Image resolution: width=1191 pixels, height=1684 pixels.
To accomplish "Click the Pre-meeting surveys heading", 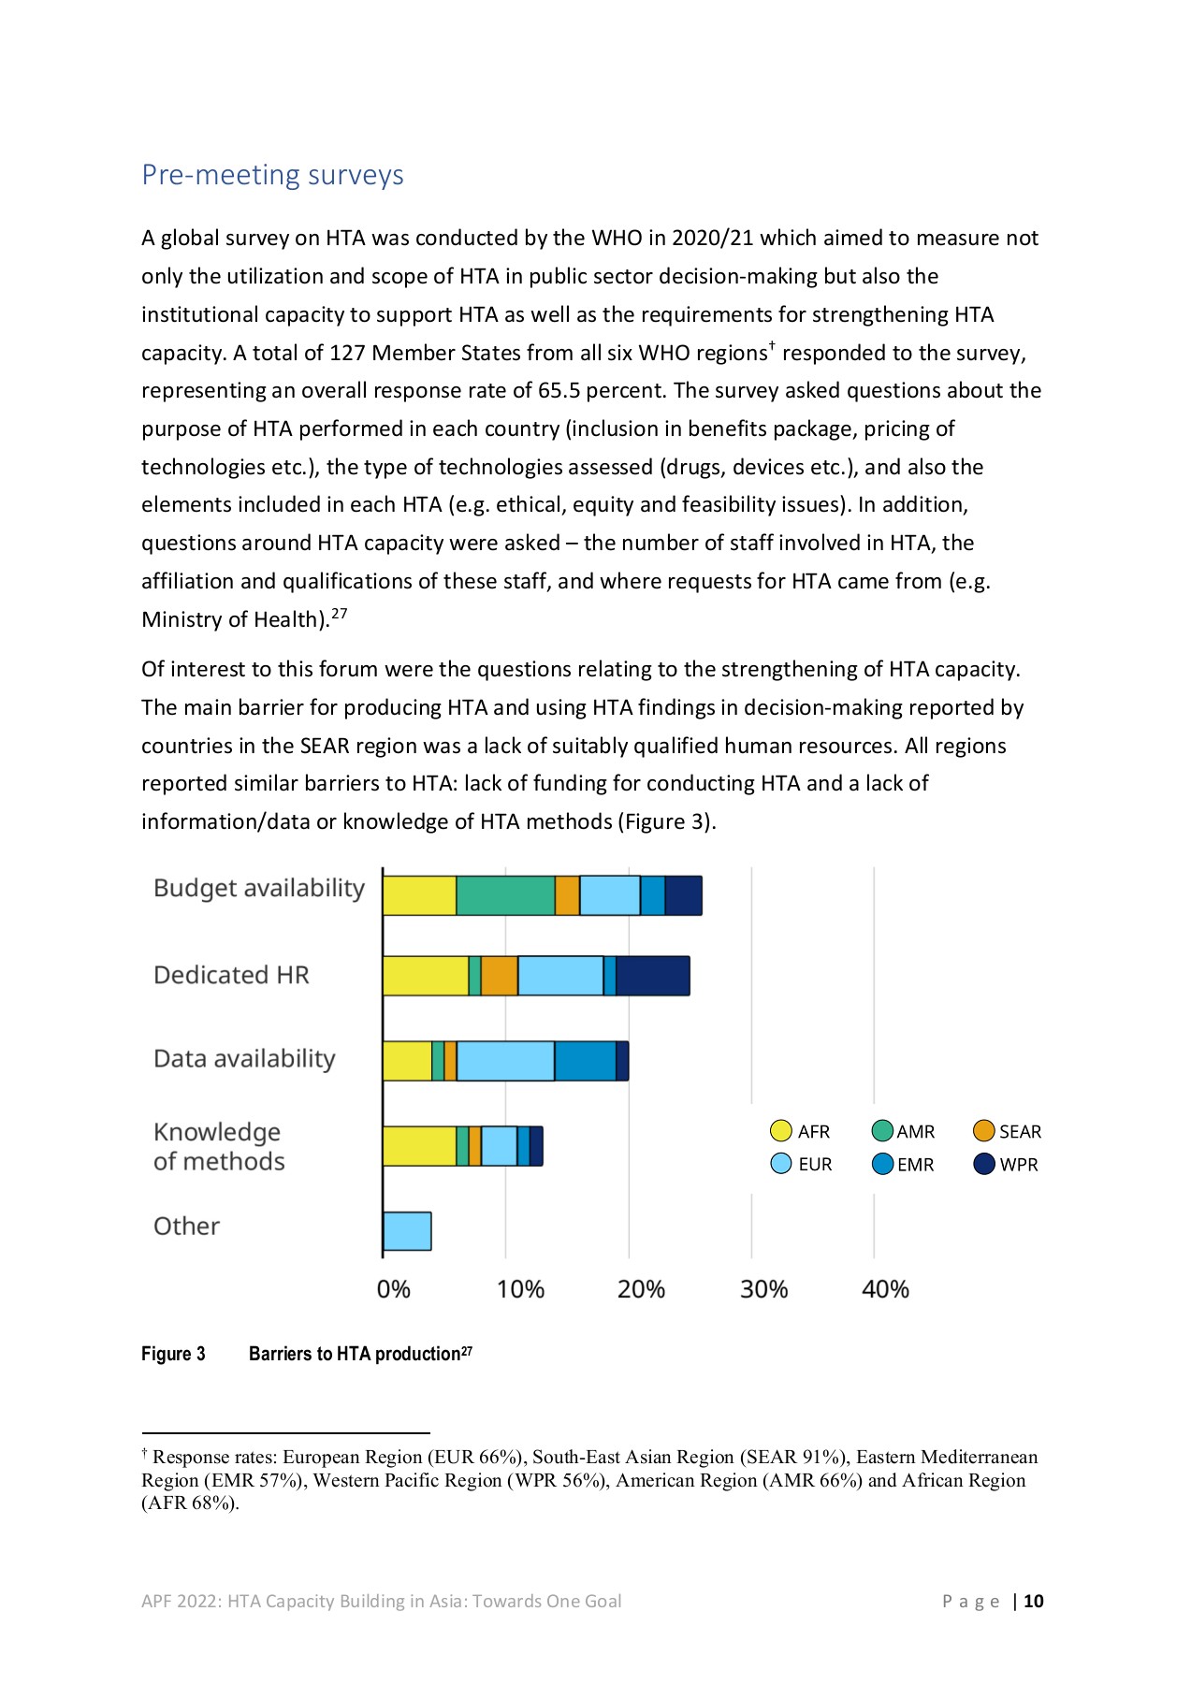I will click(x=272, y=175).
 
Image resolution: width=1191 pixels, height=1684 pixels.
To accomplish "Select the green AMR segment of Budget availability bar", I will click(x=505, y=895).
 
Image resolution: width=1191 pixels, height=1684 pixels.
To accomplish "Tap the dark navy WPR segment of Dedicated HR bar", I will click(x=652, y=976).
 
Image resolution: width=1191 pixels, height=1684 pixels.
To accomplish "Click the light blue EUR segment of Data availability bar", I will click(x=505, y=1061).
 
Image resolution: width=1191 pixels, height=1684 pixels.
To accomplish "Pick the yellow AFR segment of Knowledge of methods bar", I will click(x=419, y=1146).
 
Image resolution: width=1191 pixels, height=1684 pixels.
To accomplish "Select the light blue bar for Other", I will click(x=407, y=1231).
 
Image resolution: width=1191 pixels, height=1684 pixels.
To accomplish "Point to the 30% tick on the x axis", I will click(x=763, y=1289).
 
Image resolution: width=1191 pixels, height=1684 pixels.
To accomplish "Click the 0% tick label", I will click(x=393, y=1289).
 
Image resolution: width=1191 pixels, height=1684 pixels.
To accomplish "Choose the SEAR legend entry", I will click(x=1008, y=1131).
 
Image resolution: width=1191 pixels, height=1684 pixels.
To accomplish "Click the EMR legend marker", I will click(x=882, y=1164).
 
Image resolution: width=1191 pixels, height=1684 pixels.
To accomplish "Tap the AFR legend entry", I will click(x=801, y=1131).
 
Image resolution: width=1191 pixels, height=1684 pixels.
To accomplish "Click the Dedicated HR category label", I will click(x=231, y=975).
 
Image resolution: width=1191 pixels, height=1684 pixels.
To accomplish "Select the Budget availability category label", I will click(x=258, y=888).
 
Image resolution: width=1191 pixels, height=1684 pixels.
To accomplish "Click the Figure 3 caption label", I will click(x=173, y=1354).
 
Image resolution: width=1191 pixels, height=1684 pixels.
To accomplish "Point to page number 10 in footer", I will click(x=1033, y=1601).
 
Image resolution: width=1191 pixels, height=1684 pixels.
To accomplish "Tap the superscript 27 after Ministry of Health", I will click(x=340, y=614).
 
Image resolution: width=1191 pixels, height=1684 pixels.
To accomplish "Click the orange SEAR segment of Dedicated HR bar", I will click(x=499, y=976).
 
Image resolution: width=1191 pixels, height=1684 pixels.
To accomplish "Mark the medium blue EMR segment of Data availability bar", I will click(x=585, y=1061).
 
